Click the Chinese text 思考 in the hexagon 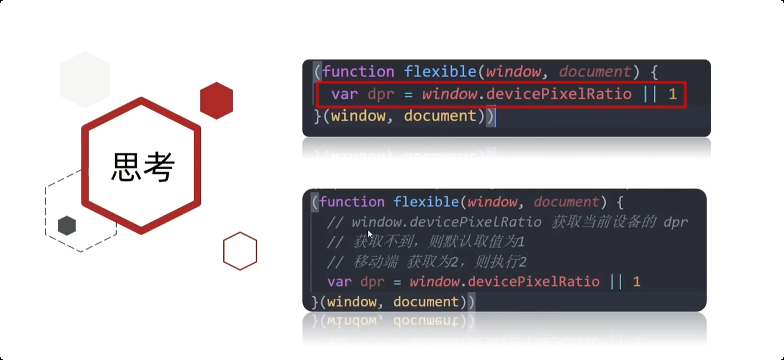142,167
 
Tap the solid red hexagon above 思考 217,101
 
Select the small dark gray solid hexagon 67,225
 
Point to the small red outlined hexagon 240,251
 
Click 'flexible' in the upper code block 441,72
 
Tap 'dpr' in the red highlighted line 381,94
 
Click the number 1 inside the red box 673,94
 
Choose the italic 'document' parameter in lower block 566,202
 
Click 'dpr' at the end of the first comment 675,222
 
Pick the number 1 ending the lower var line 637,282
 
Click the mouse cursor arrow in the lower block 370,233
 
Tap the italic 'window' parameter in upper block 513,72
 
